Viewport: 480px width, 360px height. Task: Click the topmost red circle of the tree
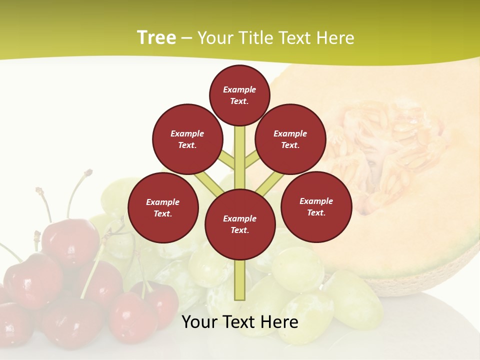coord(239,95)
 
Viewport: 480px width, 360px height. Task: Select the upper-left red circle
coord(187,139)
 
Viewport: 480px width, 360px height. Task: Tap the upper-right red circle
coord(290,139)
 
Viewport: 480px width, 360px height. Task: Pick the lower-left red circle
coord(163,207)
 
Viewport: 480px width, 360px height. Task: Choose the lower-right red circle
coord(316,206)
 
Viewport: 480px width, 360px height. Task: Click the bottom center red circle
coord(240,224)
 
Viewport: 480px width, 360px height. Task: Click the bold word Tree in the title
coord(156,37)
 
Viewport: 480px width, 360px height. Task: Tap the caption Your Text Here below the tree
coord(240,322)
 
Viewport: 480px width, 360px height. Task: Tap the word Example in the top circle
coord(239,89)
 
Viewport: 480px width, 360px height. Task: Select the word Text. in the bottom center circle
coord(239,230)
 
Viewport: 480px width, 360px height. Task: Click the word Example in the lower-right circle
coord(316,201)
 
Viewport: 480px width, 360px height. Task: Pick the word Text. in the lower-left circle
coord(162,213)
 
